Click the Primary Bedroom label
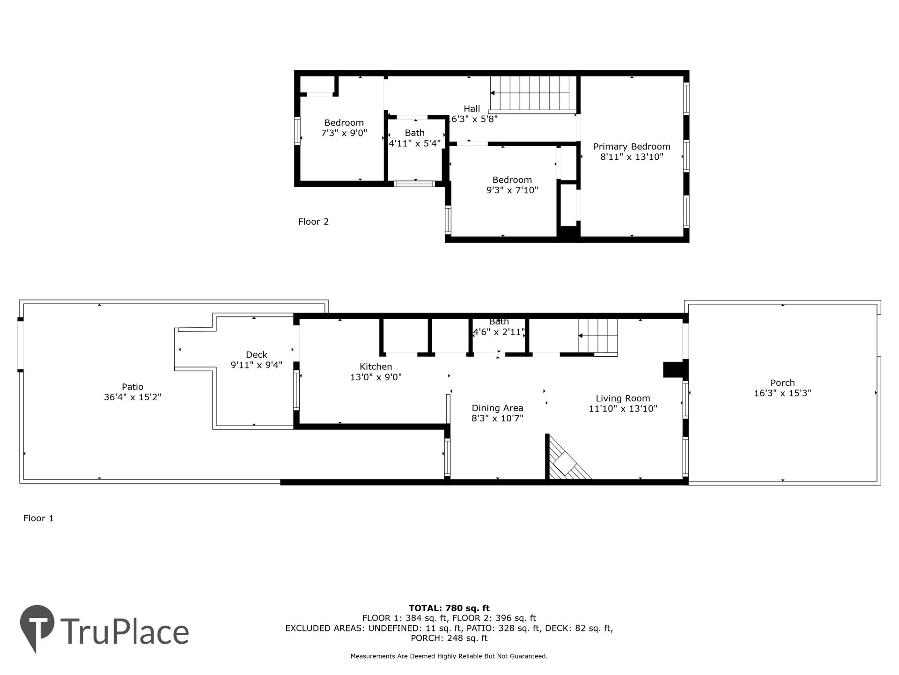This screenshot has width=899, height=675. click(632, 147)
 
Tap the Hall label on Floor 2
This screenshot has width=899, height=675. click(472, 109)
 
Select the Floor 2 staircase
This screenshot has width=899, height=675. click(533, 94)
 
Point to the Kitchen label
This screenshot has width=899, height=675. click(376, 367)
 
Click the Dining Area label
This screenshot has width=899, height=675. click(497, 408)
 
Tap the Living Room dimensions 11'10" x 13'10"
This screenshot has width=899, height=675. click(623, 409)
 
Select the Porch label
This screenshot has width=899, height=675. click(782, 383)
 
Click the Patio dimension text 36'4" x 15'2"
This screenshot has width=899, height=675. click(133, 397)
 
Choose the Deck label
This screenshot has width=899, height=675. click(257, 355)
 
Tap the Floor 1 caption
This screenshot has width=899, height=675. click(38, 518)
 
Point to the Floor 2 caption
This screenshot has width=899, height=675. click(313, 222)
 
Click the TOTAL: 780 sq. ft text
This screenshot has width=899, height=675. click(449, 608)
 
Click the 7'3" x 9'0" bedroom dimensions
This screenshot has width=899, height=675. click(344, 133)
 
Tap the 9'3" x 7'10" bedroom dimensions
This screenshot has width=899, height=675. click(512, 190)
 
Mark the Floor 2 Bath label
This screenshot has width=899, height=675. click(415, 133)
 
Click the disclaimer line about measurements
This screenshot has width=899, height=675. click(449, 656)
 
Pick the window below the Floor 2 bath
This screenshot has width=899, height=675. click(414, 184)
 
